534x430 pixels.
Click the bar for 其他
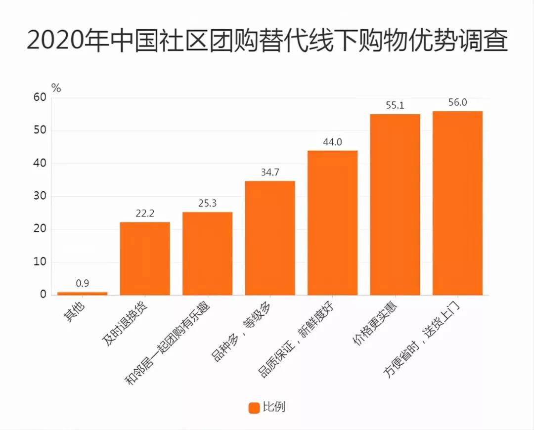82,293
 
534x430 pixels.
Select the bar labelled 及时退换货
145,258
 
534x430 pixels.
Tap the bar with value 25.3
207,254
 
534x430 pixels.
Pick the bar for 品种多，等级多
270,238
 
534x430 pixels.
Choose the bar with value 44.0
332,223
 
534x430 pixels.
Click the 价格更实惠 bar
395,205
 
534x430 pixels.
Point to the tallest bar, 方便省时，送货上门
457,203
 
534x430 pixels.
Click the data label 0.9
82,284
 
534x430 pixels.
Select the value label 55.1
395,105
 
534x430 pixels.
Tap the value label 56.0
457,102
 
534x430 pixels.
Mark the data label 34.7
270,172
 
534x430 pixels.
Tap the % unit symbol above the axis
56,88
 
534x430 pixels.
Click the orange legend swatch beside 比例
254,408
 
